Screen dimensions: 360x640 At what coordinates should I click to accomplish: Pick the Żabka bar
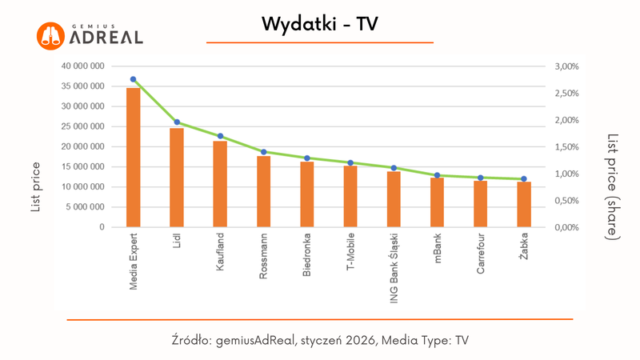(x=524, y=205)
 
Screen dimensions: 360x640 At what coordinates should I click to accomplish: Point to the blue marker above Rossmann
(x=263, y=151)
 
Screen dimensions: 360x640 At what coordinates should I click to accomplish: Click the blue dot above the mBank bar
(x=437, y=175)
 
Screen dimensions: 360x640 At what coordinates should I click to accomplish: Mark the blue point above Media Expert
(x=134, y=79)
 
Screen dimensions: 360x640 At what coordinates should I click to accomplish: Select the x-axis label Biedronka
(x=307, y=256)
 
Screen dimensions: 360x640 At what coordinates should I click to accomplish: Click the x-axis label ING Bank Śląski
(x=394, y=268)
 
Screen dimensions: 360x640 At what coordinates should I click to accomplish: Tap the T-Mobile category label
(x=350, y=255)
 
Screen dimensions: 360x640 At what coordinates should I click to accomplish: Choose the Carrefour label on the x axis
(x=480, y=256)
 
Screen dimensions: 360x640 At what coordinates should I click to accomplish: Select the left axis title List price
(x=35, y=187)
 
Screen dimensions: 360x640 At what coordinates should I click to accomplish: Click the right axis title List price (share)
(x=613, y=186)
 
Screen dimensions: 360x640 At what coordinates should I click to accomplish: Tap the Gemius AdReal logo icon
(x=50, y=35)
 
